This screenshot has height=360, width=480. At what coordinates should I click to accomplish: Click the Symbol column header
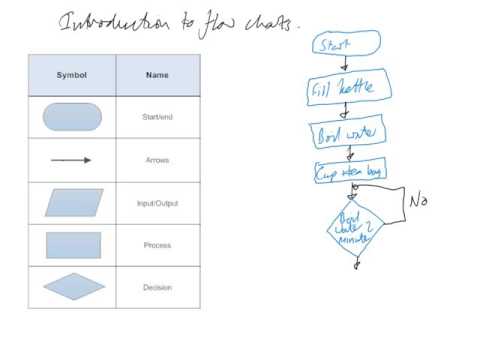(72, 75)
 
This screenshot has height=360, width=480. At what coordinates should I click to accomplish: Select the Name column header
(157, 75)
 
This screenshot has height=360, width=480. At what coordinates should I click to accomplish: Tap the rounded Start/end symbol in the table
(73, 117)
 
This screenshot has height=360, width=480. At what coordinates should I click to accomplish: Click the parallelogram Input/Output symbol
(73, 203)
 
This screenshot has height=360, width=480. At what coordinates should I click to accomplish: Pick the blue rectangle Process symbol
(72, 245)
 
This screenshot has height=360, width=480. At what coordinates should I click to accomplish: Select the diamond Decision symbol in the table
(73, 288)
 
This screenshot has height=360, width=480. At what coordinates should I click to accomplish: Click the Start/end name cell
(157, 118)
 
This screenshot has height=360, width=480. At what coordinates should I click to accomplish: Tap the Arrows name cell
(157, 160)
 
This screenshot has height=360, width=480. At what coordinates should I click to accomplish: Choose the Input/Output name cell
(157, 203)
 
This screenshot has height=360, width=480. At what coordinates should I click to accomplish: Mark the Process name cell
(157, 245)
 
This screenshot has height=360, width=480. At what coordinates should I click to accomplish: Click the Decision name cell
(157, 288)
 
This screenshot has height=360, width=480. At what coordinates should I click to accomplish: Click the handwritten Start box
(346, 44)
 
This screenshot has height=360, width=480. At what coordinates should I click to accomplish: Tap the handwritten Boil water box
(342, 133)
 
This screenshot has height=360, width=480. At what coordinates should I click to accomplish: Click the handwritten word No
(419, 201)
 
